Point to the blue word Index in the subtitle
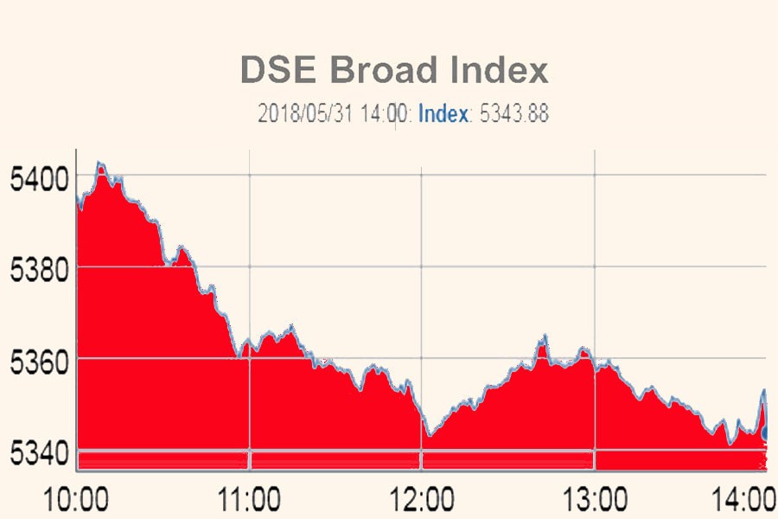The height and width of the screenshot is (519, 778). click(443, 113)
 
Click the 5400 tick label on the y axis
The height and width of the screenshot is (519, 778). click(37, 180)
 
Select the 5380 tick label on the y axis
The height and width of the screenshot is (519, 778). click(37, 272)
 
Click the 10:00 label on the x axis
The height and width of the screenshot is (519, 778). click(78, 500)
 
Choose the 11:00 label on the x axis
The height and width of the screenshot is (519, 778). click(249, 500)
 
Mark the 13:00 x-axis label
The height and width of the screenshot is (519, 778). click(595, 500)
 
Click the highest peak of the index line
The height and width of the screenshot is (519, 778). click(99, 163)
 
